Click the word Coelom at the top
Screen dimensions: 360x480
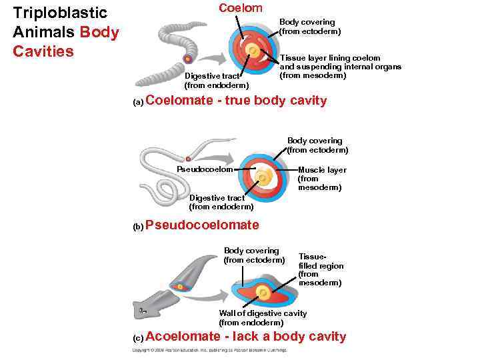click(x=241, y=8)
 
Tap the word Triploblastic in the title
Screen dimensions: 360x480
click(x=60, y=13)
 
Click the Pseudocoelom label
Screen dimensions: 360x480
click(x=205, y=169)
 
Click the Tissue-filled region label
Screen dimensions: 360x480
click(x=321, y=269)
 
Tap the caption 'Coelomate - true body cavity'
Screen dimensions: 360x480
click(x=236, y=101)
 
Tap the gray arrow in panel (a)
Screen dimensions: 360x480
click(x=213, y=57)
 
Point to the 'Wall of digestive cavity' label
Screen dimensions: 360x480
click(x=263, y=317)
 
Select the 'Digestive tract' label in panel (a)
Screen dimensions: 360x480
click(x=216, y=80)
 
